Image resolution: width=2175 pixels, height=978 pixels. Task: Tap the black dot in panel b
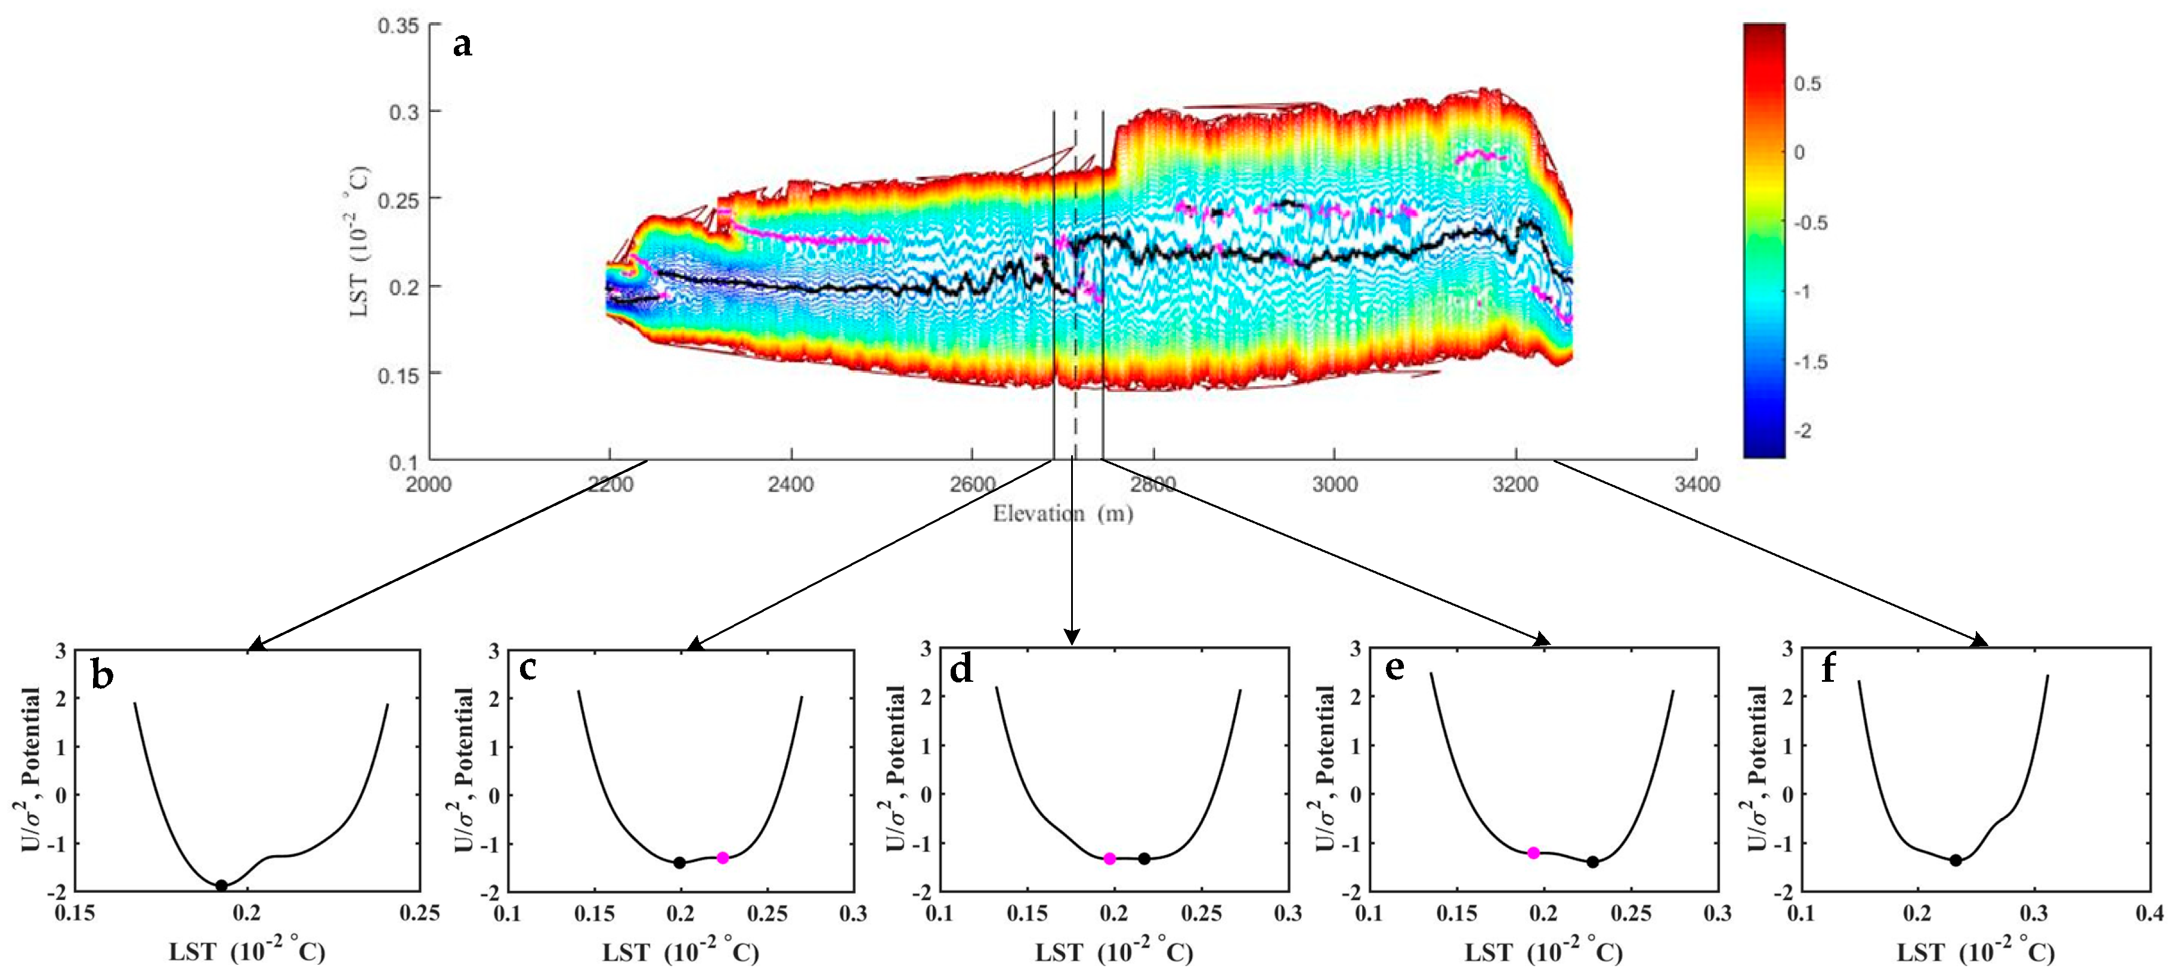[221, 885]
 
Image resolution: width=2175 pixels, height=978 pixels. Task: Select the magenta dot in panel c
[723, 858]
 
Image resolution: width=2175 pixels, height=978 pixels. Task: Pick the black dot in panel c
[679, 862]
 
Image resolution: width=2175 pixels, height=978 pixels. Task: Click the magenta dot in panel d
[1109, 858]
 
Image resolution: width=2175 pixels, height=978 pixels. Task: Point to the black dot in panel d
[1144, 858]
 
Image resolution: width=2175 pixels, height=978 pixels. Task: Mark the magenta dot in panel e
[1533, 853]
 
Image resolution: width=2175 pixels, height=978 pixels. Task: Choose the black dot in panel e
[1592, 862]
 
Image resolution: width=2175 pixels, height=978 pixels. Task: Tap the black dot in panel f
[1956, 860]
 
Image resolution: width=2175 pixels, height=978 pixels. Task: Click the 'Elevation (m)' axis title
[1062, 513]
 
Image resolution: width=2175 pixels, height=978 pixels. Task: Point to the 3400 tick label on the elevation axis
[1696, 485]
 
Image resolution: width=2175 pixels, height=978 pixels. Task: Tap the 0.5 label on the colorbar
[1807, 83]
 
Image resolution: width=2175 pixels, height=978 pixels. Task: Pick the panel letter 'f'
[1829, 669]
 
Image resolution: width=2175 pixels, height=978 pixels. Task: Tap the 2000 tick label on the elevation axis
[429, 485]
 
